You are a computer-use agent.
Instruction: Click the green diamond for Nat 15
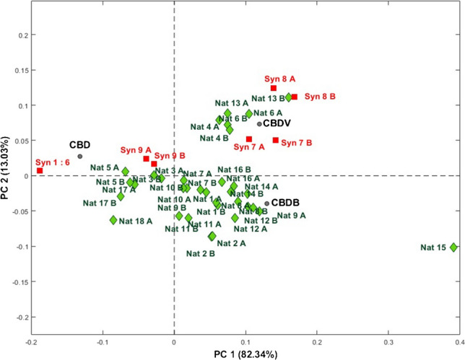pos(453,247)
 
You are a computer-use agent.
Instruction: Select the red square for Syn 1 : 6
pos(40,170)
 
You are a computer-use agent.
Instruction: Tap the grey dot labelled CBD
pos(80,157)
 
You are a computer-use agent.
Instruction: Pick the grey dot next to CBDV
pos(259,124)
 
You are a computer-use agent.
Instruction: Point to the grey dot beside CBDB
pos(266,203)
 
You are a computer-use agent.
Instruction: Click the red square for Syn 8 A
pos(274,88)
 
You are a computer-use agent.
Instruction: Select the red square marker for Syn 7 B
pos(276,140)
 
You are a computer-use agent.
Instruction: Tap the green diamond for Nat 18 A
pos(113,220)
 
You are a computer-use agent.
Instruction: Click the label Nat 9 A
pos(291,215)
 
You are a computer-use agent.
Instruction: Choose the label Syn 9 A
pos(136,150)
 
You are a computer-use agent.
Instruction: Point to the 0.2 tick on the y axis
pos(22,34)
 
